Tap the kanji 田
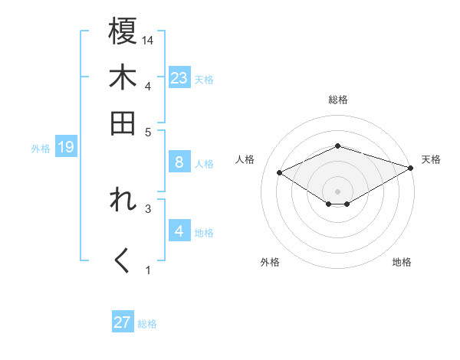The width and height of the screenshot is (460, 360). point(122,123)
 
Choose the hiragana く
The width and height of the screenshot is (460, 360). point(122,261)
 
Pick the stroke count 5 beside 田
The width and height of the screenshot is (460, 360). point(149,131)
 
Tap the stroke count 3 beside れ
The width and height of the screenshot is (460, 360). point(149,208)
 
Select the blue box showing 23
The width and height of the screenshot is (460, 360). point(179,78)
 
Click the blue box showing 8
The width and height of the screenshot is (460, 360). point(179,162)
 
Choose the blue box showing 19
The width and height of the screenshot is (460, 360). point(65,147)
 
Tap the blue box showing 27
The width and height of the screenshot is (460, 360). point(123,322)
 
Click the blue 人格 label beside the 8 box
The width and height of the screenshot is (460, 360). point(205,163)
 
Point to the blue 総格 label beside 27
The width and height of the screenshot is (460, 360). point(147,324)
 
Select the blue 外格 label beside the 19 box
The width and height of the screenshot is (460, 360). point(41,148)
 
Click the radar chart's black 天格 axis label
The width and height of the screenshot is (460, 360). point(431,159)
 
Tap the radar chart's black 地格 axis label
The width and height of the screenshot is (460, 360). point(402,262)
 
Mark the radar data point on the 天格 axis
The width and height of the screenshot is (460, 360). point(411,168)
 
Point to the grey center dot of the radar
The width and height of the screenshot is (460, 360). point(337,191)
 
